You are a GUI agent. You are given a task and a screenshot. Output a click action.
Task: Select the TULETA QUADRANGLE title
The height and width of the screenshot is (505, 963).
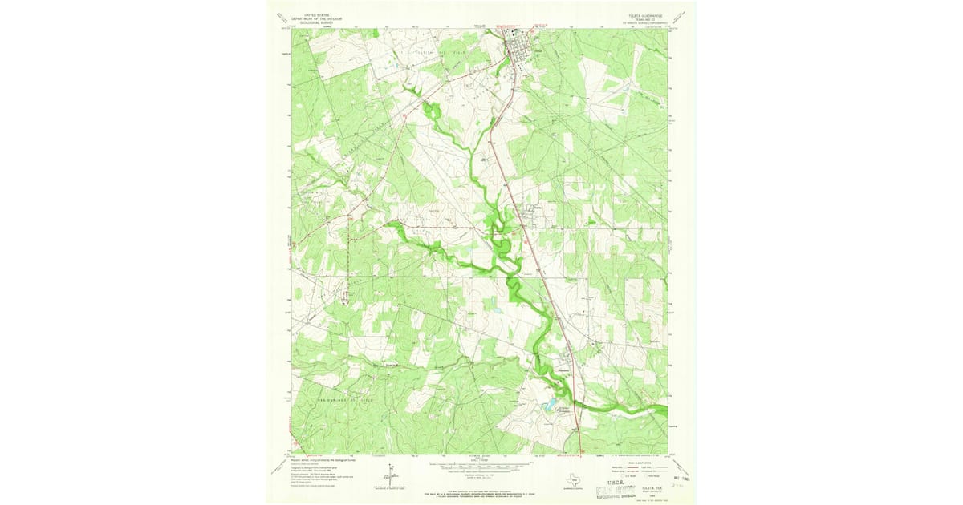[640, 14]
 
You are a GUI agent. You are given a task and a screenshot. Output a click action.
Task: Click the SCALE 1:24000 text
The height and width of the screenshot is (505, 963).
[481, 459]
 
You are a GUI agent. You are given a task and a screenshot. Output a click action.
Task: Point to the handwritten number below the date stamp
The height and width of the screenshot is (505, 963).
[678, 486]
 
